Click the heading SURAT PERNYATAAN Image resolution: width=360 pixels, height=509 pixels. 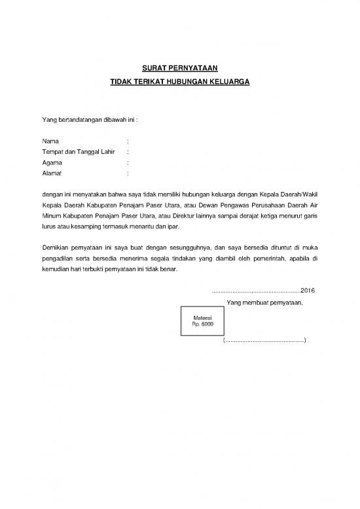179,67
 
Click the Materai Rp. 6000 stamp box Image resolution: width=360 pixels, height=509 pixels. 202,321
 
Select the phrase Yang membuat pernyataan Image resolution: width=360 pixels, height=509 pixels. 264,302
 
